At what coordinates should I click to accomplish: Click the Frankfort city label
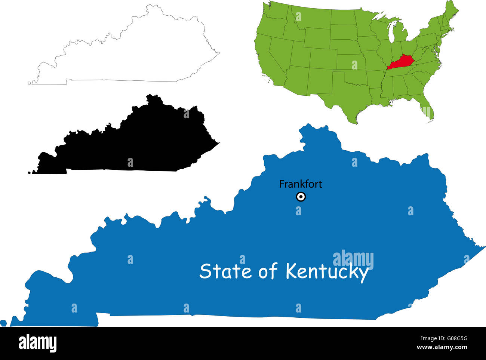[x=301, y=184]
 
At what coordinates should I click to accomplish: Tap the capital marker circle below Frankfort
[x=301, y=197]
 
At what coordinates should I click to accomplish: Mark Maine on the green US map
[x=451, y=13]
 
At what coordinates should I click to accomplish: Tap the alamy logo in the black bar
[x=38, y=343]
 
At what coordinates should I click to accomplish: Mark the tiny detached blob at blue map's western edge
[x=3, y=323]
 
